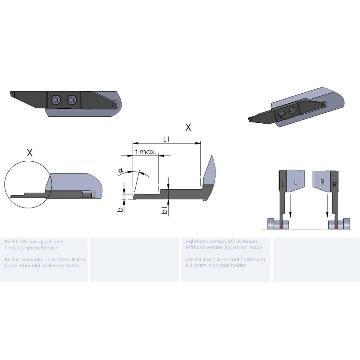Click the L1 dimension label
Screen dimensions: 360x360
[166, 139]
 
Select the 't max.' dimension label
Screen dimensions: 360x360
[146, 152]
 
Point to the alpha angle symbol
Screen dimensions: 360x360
[121, 170]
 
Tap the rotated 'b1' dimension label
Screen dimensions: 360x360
[164, 210]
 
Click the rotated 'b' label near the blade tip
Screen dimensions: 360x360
[120, 209]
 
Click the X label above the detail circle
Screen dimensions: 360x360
[30, 153]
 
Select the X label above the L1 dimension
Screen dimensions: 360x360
[188, 127]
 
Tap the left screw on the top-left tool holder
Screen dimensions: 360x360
[56, 100]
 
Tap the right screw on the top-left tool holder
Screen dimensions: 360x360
[72, 100]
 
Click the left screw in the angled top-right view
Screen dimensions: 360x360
[282, 114]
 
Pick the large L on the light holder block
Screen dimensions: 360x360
[296, 182]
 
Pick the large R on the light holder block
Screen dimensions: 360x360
[322, 182]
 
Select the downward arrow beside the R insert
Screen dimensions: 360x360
[327, 206]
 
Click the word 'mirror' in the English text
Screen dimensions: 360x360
[240, 247]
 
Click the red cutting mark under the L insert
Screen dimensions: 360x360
[281, 227]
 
